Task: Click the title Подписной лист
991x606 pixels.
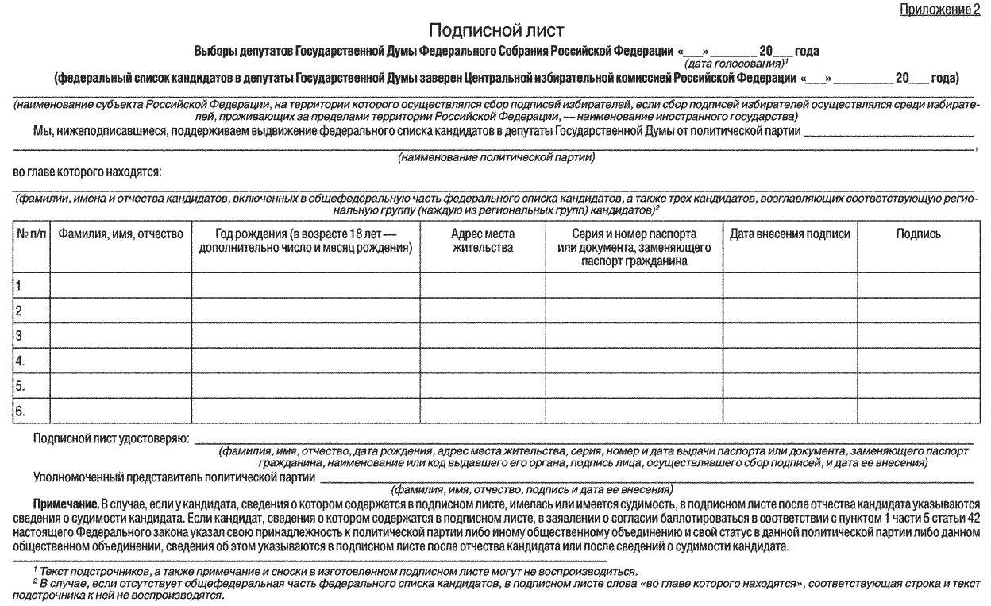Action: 495,31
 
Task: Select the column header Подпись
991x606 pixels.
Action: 918,234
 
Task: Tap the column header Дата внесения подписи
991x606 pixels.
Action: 789,234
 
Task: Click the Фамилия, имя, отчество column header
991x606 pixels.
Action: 121,234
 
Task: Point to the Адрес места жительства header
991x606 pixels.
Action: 482,241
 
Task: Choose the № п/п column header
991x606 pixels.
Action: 32,234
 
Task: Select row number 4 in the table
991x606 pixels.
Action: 21,361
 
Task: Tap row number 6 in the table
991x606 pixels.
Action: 21,411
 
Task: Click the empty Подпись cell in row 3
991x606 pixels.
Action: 918,335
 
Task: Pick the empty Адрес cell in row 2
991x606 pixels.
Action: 482,310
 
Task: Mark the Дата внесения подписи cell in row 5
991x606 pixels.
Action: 789,386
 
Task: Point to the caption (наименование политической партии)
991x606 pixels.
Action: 496,158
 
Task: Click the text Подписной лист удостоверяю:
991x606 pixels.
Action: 111,438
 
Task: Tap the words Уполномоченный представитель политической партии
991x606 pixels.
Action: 173,477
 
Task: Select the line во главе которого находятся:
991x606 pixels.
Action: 87,171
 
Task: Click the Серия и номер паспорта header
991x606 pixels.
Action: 634,247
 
